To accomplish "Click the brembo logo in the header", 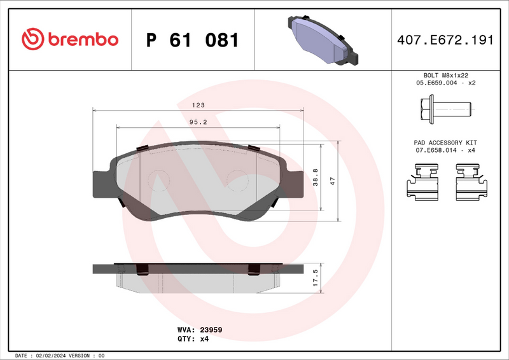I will pos(70,39).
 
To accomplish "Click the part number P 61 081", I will pos(193,40).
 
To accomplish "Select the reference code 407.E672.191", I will pos(445,40).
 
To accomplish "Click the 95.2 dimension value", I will pos(199,122).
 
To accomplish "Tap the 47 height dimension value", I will pos(331,181).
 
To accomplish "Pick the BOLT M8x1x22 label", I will pos(445,75).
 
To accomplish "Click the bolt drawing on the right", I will pos(445,109).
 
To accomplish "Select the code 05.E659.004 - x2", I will pos(445,83).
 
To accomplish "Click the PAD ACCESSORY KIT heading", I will pos(445,142).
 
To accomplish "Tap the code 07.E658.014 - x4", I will pos(445,150).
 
